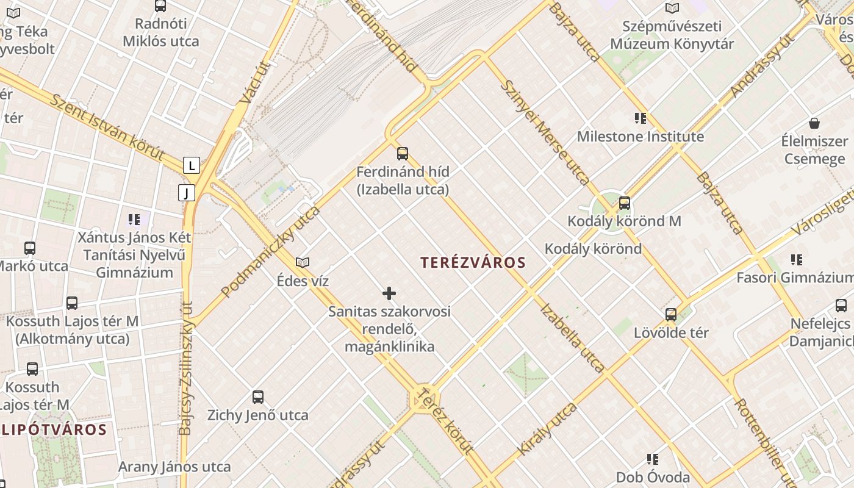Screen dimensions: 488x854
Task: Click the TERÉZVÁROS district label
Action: click(x=473, y=263)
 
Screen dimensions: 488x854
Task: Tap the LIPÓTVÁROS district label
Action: click(x=54, y=429)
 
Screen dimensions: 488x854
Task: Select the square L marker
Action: click(x=192, y=165)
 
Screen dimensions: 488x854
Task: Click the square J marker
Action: click(x=187, y=193)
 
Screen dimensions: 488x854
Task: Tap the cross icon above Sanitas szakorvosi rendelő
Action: click(x=389, y=294)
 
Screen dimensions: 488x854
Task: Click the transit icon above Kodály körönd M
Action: click(x=625, y=203)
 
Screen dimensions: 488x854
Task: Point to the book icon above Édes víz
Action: click(x=303, y=263)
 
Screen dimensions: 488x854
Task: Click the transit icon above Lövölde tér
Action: click(x=671, y=315)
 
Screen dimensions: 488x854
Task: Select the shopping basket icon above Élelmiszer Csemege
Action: click(x=814, y=123)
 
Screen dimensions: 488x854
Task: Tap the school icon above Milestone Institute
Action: click(x=640, y=118)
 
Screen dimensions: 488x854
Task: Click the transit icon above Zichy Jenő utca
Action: click(x=258, y=397)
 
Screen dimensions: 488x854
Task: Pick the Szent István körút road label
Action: click(x=107, y=127)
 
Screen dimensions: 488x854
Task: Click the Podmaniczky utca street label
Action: click(x=271, y=251)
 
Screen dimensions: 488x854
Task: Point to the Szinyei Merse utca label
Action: click(x=545, y=132)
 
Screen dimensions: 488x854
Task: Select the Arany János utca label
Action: click(x=174, y=467)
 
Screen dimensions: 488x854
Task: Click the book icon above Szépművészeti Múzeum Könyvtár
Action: click(x=672, y=9)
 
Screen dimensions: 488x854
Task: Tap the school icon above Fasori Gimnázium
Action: click(x=796, y=260)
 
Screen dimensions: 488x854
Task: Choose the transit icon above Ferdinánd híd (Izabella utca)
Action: click(x=403, y=154)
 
